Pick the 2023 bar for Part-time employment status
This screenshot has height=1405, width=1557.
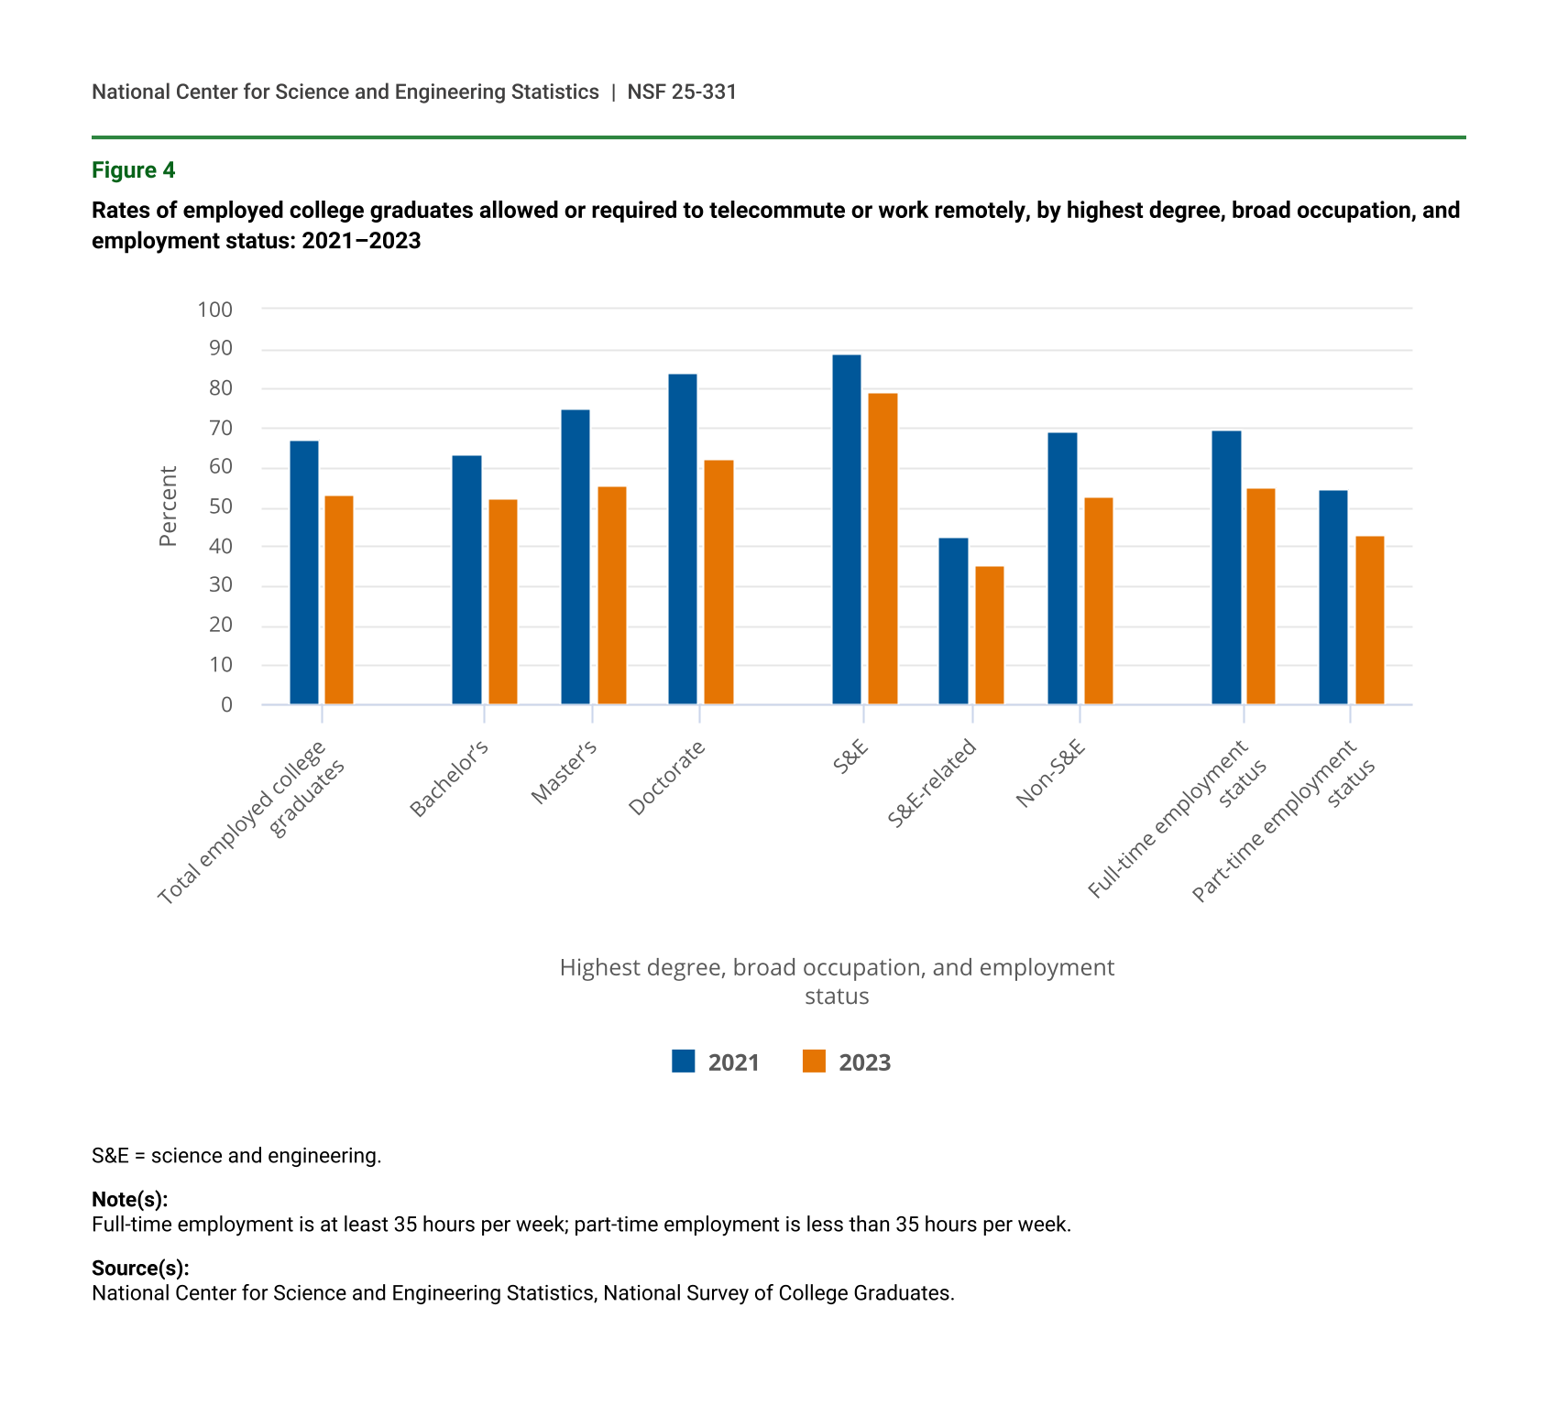[1369, 620]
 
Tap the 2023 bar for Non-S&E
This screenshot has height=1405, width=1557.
[1098, 601]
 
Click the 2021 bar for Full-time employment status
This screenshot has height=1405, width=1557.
[1226, 568]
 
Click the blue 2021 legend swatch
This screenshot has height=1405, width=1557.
[684, 1061]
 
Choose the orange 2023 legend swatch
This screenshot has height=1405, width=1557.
[814, 1061]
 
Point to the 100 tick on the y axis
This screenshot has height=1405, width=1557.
[215, 310]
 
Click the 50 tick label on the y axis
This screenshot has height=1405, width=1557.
[221, 507]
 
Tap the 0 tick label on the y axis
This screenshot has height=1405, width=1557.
[226, 704]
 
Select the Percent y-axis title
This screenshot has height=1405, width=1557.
[168, 506]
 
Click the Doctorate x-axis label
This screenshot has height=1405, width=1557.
[668, 778]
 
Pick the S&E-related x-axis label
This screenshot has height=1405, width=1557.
[933, 784]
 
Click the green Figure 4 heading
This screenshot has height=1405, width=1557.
[133, 170]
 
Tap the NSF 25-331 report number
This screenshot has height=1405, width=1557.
[682, 92]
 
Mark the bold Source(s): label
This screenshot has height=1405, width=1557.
[140, 1268]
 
